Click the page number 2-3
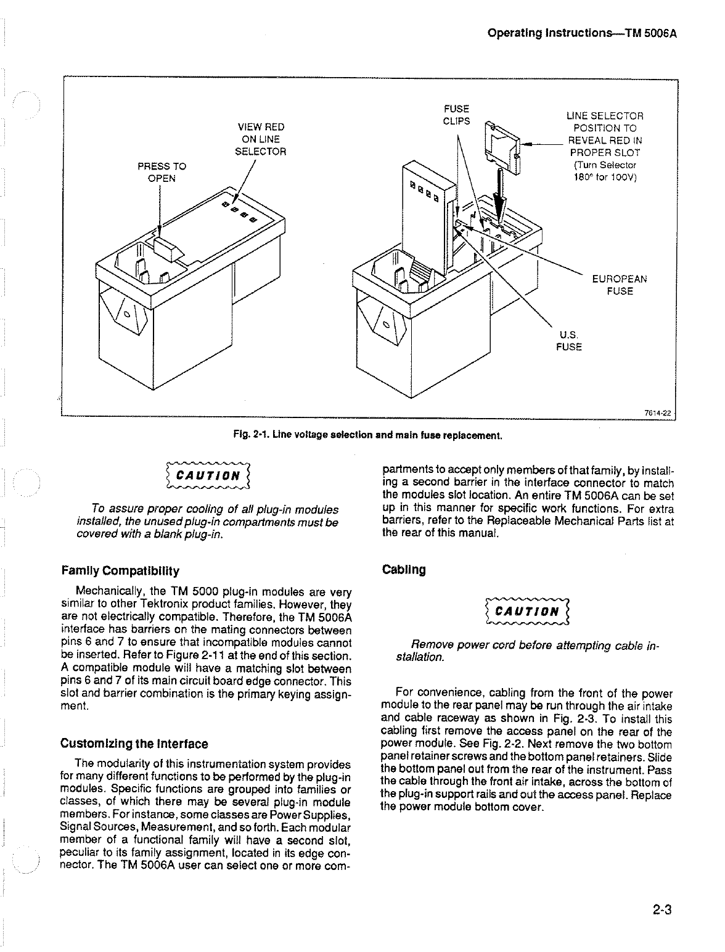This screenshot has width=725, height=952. coord(659,910)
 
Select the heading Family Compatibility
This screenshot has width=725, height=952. coord(120,570)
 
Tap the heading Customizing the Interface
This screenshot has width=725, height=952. coord(134,744)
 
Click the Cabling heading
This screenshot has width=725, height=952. coord(404,569)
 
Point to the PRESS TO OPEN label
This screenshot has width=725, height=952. coord(162,172)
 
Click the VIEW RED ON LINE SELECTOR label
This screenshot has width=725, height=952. coord(261,139)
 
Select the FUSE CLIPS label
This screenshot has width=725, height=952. coord(456,115)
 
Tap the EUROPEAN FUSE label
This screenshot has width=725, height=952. coord(620,285)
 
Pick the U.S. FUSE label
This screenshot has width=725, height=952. coord(568,341)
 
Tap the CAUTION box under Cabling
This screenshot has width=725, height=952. coord(527,612)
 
